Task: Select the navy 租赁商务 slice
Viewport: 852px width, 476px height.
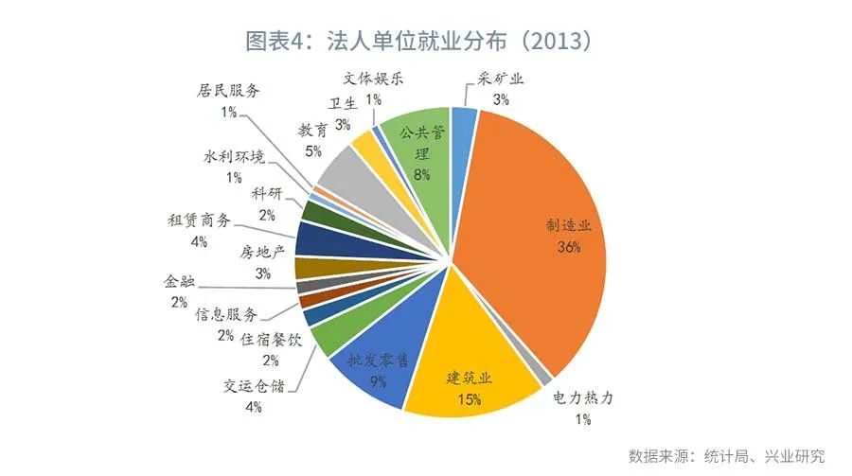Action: (326, 239)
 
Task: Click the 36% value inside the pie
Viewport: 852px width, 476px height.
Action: (568, 247)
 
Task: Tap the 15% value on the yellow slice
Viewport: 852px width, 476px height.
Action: (469, 400)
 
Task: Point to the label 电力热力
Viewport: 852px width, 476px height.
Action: (583, 398)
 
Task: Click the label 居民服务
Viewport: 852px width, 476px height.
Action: (228, 90)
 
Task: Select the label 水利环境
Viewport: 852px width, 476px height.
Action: (234, 156)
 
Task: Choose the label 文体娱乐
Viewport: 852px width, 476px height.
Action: (373, 79)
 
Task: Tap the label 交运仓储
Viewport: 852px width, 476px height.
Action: (254, 386)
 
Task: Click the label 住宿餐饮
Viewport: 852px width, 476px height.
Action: (271, 340)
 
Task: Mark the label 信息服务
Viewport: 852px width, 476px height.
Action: (226, 314)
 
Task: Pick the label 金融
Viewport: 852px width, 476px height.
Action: (179, 281)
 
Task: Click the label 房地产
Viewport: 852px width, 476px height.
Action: (262, 252)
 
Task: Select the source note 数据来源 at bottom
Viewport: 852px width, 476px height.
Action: (659, 456)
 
